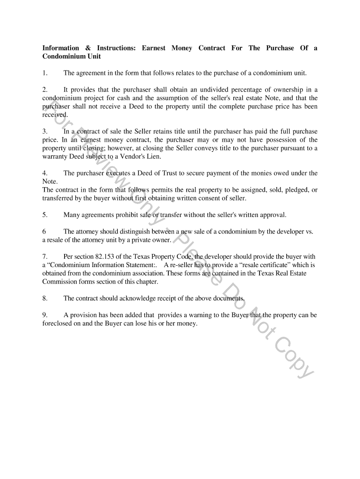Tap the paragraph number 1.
pos(44,73)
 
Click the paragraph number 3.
pos(44,131)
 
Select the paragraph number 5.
pos(44,215)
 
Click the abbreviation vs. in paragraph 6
pos(309,232)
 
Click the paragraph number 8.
pos(44,298)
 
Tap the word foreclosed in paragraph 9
pos(57,323)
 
